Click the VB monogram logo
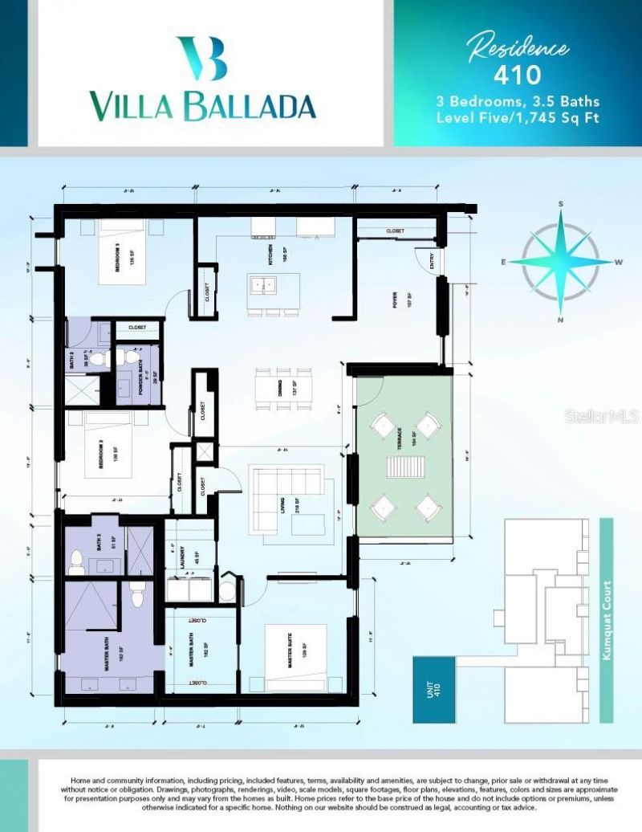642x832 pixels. click(202, 59)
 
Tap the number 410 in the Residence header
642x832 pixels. click(517, 75)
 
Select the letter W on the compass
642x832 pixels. click(619, 262)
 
